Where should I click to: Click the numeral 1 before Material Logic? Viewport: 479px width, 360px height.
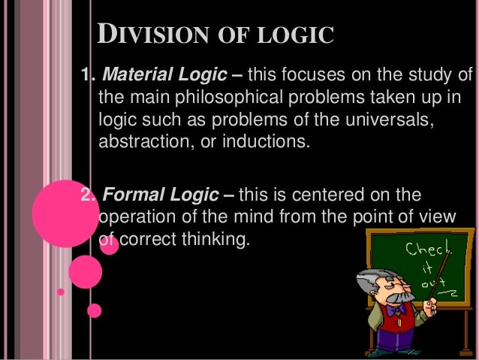[x=86, y=75]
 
